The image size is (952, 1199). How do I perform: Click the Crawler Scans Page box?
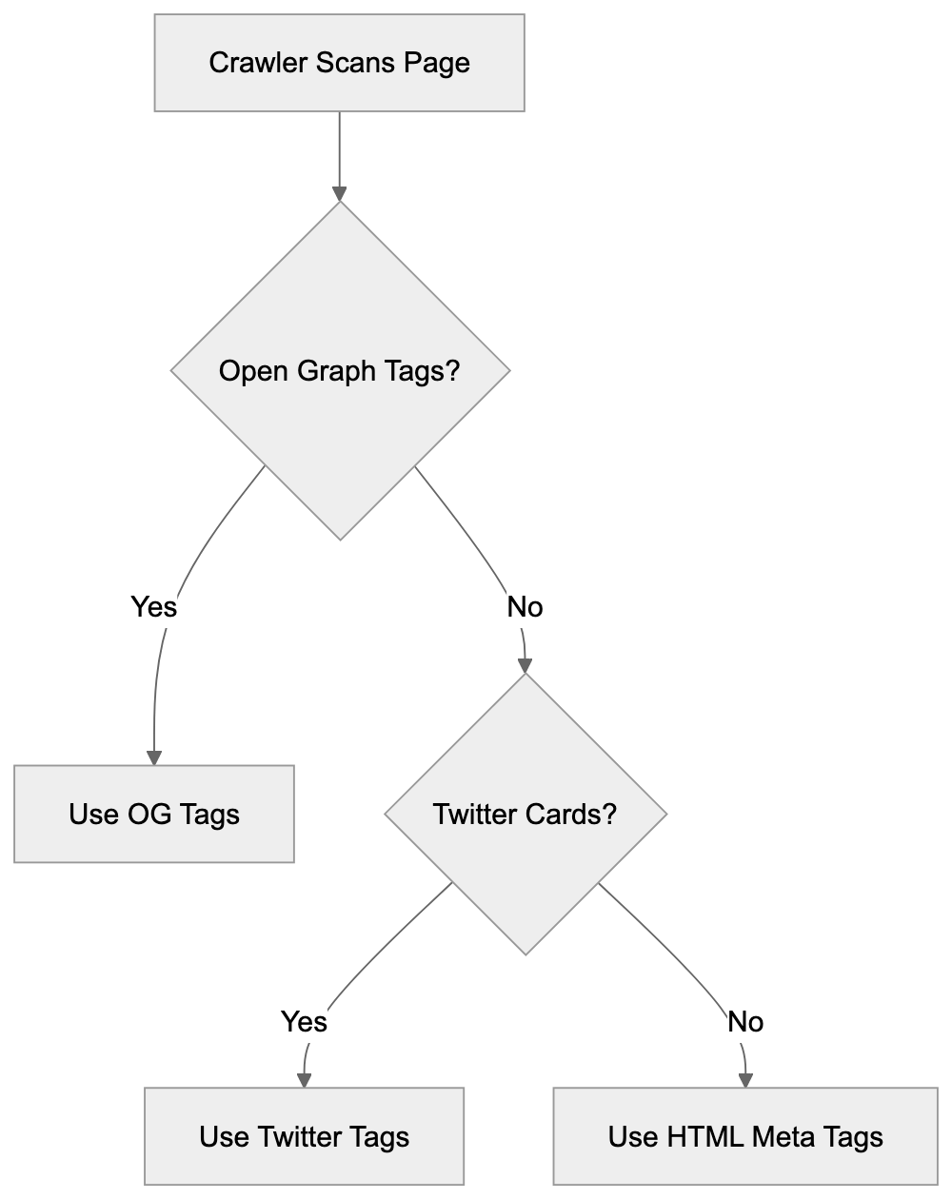(339, 63)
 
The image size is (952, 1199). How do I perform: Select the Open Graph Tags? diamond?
(340, 371)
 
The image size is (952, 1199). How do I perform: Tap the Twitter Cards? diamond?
(526, 815)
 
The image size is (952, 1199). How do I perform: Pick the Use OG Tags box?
(153, 815)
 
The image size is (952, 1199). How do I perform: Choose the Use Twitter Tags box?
(304, 1136)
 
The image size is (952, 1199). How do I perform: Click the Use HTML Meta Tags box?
(745, 1136)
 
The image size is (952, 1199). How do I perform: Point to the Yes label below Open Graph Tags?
(153, 606)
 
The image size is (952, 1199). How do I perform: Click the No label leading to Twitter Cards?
(525, 606)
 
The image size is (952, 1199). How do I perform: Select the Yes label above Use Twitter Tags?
(304, 1022)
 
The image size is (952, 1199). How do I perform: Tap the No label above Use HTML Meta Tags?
(745, 1022)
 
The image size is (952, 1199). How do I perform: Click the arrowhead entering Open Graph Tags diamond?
(340, 193)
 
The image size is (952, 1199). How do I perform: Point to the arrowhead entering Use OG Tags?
(153, 757)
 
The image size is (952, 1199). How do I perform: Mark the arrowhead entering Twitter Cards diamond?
(526, 666)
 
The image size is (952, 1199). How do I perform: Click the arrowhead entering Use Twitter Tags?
(304, 1080)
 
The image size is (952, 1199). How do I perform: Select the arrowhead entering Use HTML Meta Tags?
(745, 1080)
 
